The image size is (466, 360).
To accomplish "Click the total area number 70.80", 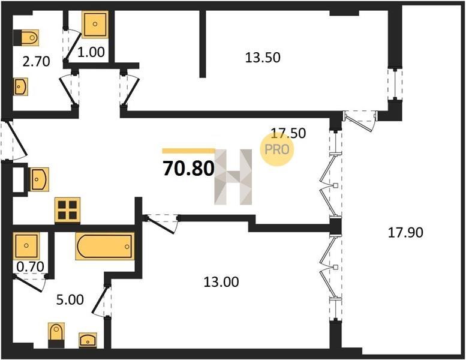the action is coord(188,169).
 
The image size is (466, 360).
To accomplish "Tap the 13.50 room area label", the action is coord(263,58).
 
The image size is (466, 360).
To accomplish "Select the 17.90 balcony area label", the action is coord(405,232).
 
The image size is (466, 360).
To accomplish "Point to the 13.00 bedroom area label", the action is coord(221,281).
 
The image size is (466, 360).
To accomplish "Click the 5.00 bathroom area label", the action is coord(70,299).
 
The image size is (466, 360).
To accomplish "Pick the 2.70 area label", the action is coord(36,62).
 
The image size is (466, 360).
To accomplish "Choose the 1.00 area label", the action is coord(91,52).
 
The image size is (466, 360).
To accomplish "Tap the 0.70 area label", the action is coord(30,266).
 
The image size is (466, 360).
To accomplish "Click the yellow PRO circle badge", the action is coord(277,149).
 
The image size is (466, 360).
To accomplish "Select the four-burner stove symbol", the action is coord(67,211).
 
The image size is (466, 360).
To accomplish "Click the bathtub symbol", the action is coord(105,246).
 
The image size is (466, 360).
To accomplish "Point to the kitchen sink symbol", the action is coord(39,179).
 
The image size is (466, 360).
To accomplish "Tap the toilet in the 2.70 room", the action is coord(26,37).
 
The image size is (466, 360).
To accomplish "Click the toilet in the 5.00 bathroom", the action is coord(56,335).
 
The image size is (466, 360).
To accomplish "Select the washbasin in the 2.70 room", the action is coord(20,87).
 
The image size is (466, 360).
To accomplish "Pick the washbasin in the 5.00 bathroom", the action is coord(88,340).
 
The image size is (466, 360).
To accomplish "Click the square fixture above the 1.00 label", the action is coord(95,25).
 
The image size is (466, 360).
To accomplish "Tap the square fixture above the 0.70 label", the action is coord(26,245).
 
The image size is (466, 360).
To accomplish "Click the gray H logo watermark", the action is coord(233,177).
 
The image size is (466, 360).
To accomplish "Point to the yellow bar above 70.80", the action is coord(188,151).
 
